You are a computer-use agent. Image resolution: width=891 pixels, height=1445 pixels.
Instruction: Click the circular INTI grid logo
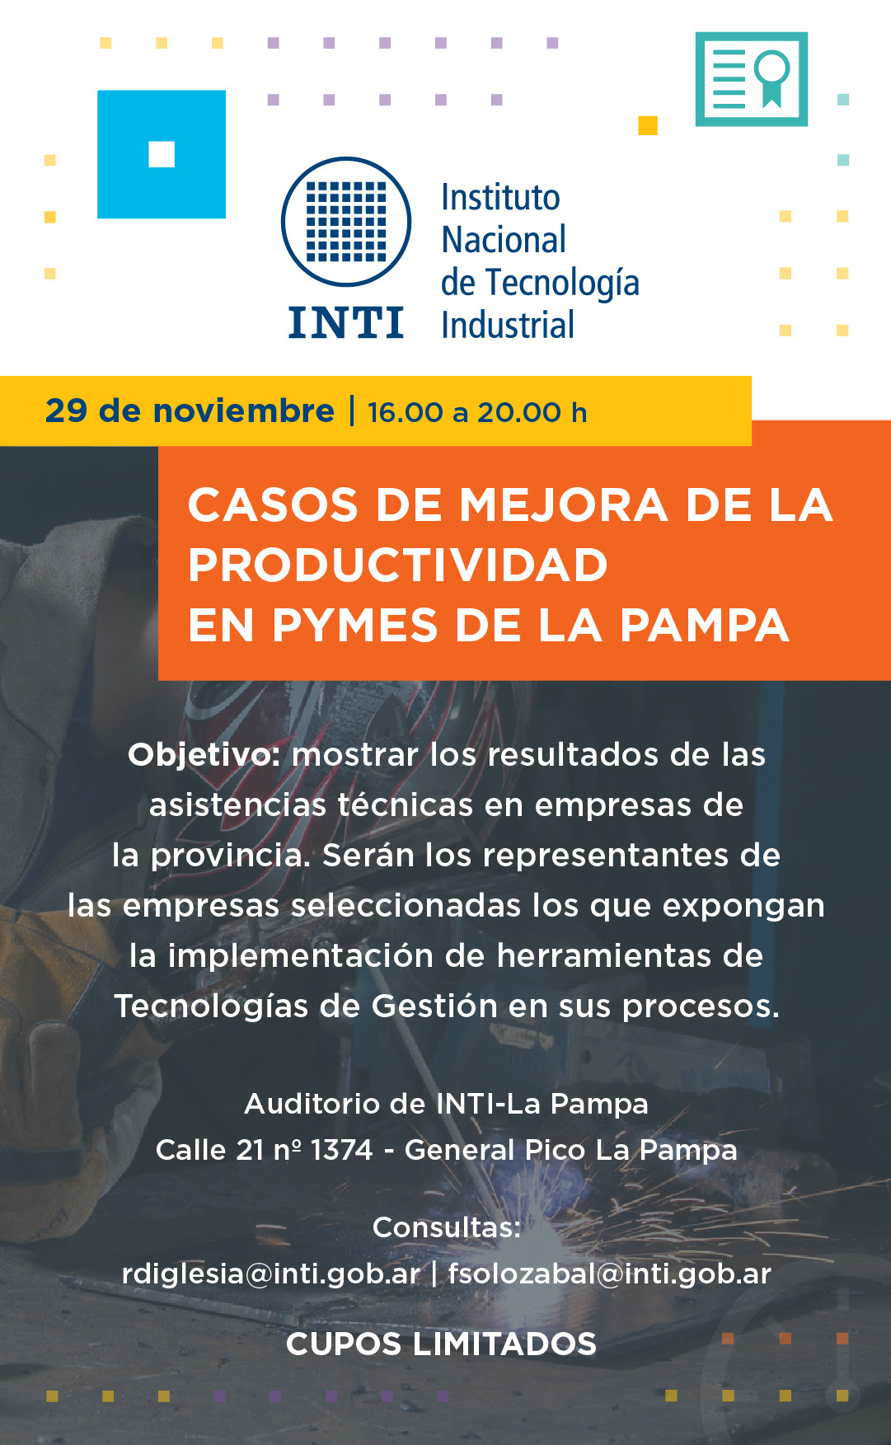pos(346,222)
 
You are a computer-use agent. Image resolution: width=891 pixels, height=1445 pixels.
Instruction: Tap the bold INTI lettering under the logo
pos(346,322)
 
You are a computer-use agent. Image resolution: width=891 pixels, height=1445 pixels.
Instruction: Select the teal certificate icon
pos(751,79)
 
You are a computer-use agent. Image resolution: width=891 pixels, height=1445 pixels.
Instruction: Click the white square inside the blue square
pos(162,154)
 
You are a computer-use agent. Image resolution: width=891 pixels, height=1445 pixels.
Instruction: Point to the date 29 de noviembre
pos(190,411)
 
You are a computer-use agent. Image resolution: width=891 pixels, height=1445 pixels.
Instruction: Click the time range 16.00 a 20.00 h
pos(477,412)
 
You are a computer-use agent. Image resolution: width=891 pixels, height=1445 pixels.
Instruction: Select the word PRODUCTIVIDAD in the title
pos(398,565)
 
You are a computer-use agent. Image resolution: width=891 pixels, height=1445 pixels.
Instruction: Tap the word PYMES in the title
pos(354,625)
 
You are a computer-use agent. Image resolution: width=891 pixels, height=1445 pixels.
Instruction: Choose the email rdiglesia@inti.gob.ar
pos(270,1274)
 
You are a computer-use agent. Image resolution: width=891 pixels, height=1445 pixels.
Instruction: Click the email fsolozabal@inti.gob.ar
pos(610,1274)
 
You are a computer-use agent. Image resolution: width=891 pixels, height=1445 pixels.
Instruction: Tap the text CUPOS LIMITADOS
pos(441,1344)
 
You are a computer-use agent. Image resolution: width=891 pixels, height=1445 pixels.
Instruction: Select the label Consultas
pos(447,1227)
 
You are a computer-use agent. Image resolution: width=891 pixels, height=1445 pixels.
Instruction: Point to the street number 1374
pos(342,1150)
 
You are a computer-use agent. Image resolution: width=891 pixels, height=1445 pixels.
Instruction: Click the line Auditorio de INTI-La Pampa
pos(447,1104)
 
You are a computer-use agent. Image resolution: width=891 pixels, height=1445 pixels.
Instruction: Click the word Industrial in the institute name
pos(508,325)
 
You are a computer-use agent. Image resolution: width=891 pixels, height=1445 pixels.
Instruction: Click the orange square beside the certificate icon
pos(648,125)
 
